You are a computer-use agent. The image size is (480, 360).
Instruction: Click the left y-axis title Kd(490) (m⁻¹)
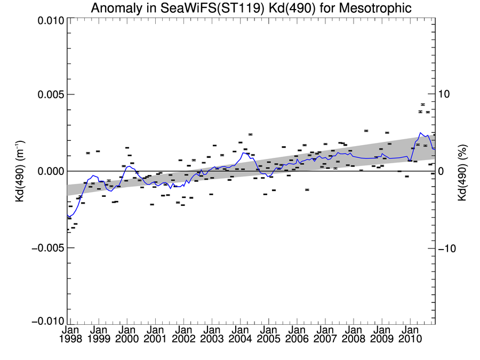(20, 171)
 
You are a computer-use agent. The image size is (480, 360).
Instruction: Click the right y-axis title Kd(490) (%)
(461, 171)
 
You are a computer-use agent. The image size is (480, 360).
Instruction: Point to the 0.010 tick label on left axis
(50, 21)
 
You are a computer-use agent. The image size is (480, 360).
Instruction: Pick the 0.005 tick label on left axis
(50, 94)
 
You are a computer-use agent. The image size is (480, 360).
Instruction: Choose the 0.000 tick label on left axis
(50, 171)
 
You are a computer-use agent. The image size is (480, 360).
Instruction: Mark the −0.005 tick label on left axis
(47, 248)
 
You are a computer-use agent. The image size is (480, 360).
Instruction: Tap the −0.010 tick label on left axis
(47, 321)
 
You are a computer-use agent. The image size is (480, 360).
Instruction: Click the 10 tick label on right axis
(445, 94)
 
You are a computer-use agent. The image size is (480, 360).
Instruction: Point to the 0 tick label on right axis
(441, 171)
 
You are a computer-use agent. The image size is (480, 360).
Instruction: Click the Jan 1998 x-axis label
(70, 334)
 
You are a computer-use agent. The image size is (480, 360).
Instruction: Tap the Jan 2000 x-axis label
(127, 334)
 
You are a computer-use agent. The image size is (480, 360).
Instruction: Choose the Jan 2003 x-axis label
(212, 334)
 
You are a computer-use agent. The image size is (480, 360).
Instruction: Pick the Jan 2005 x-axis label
(268, 334)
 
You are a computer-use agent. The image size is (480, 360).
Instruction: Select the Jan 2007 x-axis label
(325, 334)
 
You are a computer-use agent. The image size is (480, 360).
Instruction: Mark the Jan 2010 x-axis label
(410, 334)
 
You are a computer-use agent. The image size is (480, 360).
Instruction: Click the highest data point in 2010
(423, 105)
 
